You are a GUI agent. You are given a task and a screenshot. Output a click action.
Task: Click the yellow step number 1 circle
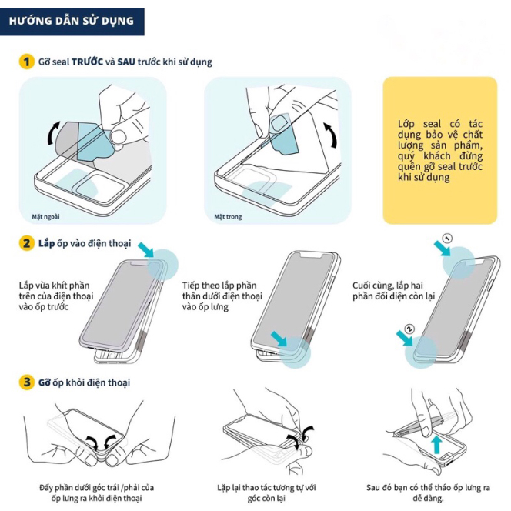tap(27, 62)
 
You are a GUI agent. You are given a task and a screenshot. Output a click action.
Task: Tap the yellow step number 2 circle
tap(27, 243)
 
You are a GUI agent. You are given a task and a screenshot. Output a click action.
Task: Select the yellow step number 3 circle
tap(27, 382)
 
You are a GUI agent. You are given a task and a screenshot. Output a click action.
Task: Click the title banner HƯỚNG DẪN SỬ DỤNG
tap(72, 22)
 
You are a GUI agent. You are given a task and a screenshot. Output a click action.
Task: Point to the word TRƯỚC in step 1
tap(87, 62)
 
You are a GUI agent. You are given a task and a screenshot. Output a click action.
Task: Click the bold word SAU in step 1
tap(126, 62)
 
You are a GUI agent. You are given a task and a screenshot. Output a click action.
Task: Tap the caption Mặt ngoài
tap(45, 217)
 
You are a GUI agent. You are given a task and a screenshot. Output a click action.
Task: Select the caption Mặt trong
tap(228, 217)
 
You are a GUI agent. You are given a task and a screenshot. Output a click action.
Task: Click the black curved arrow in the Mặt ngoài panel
tap(53, 133)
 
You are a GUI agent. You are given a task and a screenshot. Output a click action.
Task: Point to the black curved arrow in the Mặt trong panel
tap(331, 135)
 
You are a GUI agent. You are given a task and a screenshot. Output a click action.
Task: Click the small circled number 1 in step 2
tap(448, 239)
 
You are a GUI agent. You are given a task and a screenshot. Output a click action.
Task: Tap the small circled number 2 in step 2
tap(409, 329)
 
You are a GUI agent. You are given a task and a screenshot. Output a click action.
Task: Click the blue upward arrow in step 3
tap(437, 445)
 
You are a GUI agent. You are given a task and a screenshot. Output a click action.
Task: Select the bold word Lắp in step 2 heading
tap(46, 243)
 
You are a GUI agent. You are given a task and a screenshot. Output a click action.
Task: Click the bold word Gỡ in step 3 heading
tap(45, 382)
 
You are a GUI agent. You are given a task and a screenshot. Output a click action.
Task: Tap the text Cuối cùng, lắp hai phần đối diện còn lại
tap(394, 291)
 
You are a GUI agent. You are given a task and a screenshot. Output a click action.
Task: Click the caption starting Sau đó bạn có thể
tap(428, 493)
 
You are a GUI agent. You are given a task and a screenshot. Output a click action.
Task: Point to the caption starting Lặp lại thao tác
tap(266, 493)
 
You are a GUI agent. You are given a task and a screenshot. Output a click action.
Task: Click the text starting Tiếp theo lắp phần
tap(222, 296)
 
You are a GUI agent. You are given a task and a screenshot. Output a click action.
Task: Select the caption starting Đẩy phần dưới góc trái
tap(96, 493)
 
